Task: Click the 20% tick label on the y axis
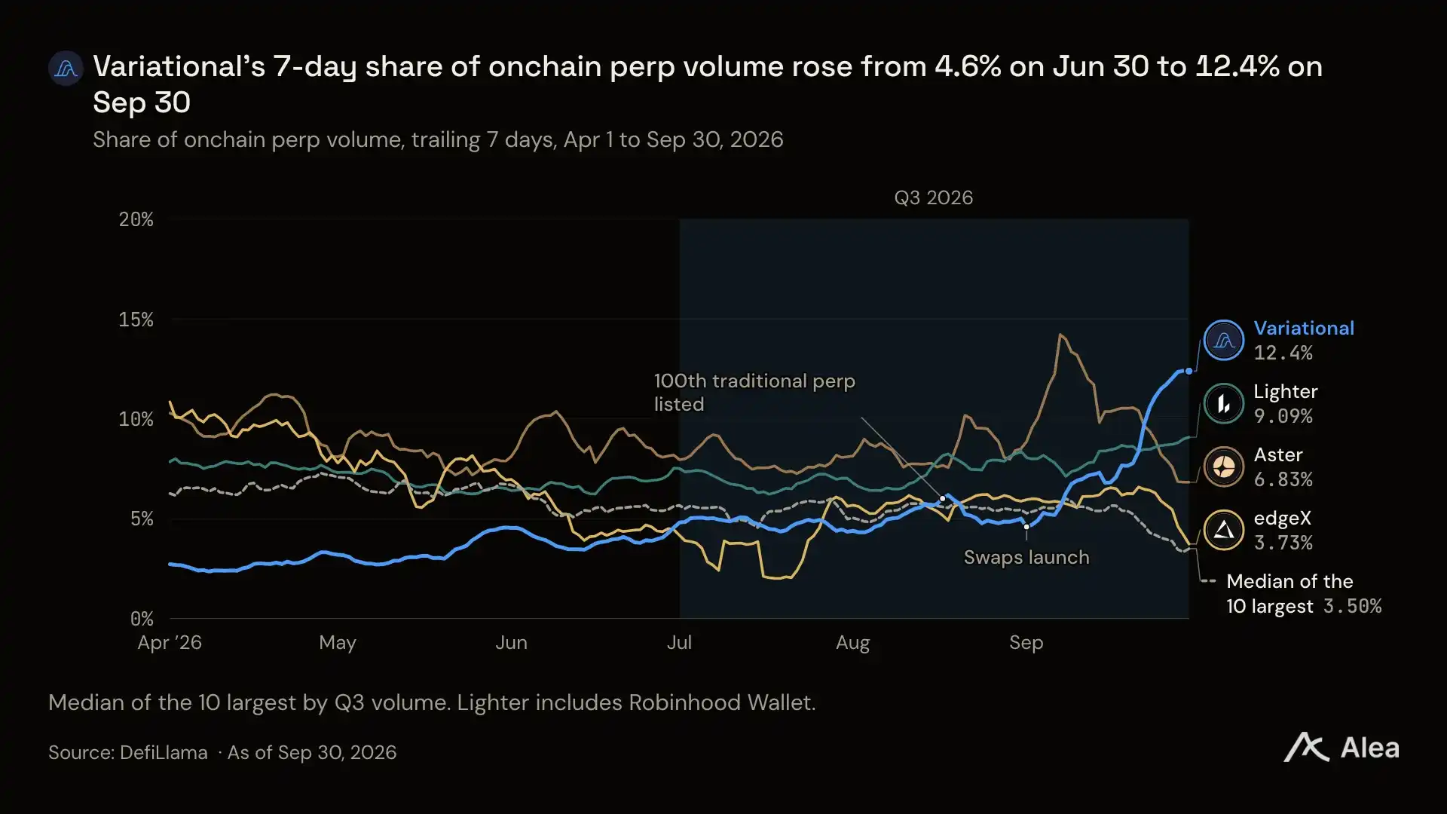coord(136,219)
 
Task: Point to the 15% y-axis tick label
coord(136,320)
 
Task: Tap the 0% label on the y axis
coord(142,619)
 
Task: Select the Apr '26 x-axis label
coord(170,643)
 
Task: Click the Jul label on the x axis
coord(679,643)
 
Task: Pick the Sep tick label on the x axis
coord(1026,643)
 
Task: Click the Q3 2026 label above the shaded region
coord(934,197)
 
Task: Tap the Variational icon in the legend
coord(1224,340)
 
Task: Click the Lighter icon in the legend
coord(1224,403)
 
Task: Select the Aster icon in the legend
coord(1224,467)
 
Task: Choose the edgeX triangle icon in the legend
coord(1224,530)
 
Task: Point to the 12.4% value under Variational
coord(1283,353)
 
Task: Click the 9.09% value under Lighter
coord(1283,416)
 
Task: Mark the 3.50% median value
coord(1353,606)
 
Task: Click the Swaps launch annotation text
coord(1026,558)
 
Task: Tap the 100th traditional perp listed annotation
coord(754,393)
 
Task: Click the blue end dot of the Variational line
coord(1189,371)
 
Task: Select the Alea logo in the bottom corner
coord(1341,748)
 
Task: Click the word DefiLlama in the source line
coord(164,752)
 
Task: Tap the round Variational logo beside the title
coord(66,69)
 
